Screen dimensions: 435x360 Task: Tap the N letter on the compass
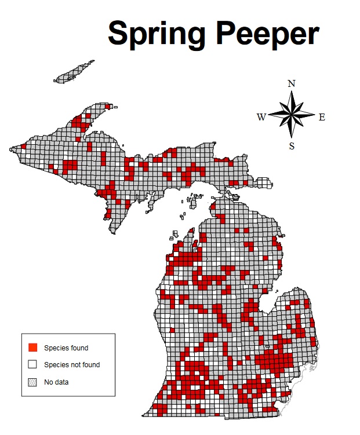292,83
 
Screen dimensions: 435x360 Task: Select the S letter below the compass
292,146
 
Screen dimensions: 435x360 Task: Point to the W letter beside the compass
262,117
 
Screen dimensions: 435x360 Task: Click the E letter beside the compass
322,117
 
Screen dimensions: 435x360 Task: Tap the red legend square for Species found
32,348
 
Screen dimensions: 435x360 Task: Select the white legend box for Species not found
32,364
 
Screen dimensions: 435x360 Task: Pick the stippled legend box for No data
32,382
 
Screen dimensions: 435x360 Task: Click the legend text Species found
66,348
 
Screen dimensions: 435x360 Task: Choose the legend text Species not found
72,365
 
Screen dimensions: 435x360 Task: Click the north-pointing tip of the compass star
292,91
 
